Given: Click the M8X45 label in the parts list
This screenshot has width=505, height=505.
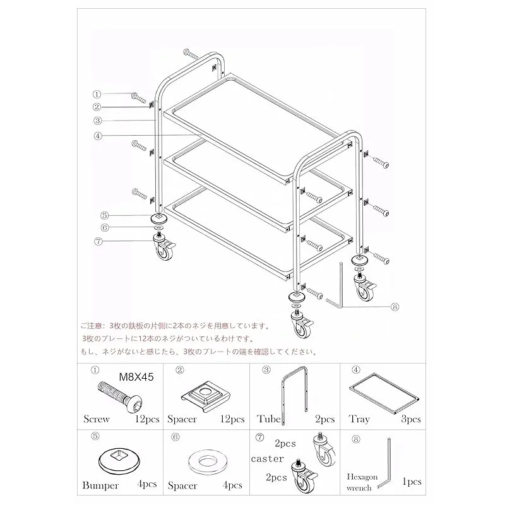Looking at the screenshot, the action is pyautogui.click(x=136, y=377).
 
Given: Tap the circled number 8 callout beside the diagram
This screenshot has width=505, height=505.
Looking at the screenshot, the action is pyautogui.click(x=395, y=307).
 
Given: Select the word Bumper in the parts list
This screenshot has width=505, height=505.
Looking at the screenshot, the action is pyautogui.click(x=100, y=485).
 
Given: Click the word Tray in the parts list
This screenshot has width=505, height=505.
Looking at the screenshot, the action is pyautogui.click(x=359, y=419).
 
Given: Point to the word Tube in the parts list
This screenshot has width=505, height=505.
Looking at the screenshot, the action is pyautogui.click(x=269, y=419).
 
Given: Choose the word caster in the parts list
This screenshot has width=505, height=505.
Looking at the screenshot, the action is pyautogui.click(x=268, y=459).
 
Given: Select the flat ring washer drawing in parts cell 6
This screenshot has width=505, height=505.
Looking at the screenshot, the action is pyautogui.click(x=208, y=462).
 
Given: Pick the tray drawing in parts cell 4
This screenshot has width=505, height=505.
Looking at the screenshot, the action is pyautogui.click(x=385, y=393).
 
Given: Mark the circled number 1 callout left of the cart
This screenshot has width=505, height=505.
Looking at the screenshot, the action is pyautogui.click(x=97, y=94).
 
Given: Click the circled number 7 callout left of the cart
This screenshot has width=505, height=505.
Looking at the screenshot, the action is pyautogui.click(x=98, y=241).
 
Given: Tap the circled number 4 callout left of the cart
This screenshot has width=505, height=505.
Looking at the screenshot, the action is pyautogui.click(x=98, y=136).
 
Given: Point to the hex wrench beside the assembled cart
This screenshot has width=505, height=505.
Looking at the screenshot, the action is pyautogui.click(x=341, y=290).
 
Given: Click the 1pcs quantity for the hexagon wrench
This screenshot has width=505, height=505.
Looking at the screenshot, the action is pyautogui.click(x=412, y=482).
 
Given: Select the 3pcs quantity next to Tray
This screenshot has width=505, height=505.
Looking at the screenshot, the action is pyautogui.click(x=411, y=419).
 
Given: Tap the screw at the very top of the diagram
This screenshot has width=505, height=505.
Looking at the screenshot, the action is pyautogui.click(x=191, y=54).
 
